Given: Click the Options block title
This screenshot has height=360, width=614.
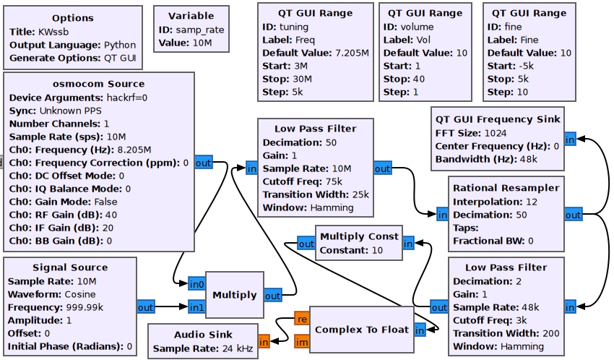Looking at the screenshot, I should [x=63, y=17].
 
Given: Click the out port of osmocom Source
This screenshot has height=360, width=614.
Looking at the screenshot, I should [x=204, y=163].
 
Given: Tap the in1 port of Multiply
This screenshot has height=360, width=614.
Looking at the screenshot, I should [x=196, y=307].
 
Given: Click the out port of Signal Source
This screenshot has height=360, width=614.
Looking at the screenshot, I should [x=146, y=307].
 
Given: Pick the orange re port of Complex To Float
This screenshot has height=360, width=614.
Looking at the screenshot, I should [x=301, y=318].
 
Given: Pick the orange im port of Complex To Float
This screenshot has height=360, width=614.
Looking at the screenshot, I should [x=301, y=342].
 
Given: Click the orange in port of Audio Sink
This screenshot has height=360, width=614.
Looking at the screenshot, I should [x=264, y=340].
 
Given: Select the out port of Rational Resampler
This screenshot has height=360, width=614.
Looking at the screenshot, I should [x=573, y=215].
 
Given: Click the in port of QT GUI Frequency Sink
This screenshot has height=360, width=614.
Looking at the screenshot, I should [x=570, y=140].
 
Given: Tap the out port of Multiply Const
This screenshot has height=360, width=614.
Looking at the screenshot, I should [x=306, y=244].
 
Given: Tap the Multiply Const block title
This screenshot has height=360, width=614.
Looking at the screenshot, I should [x=359, y=236].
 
